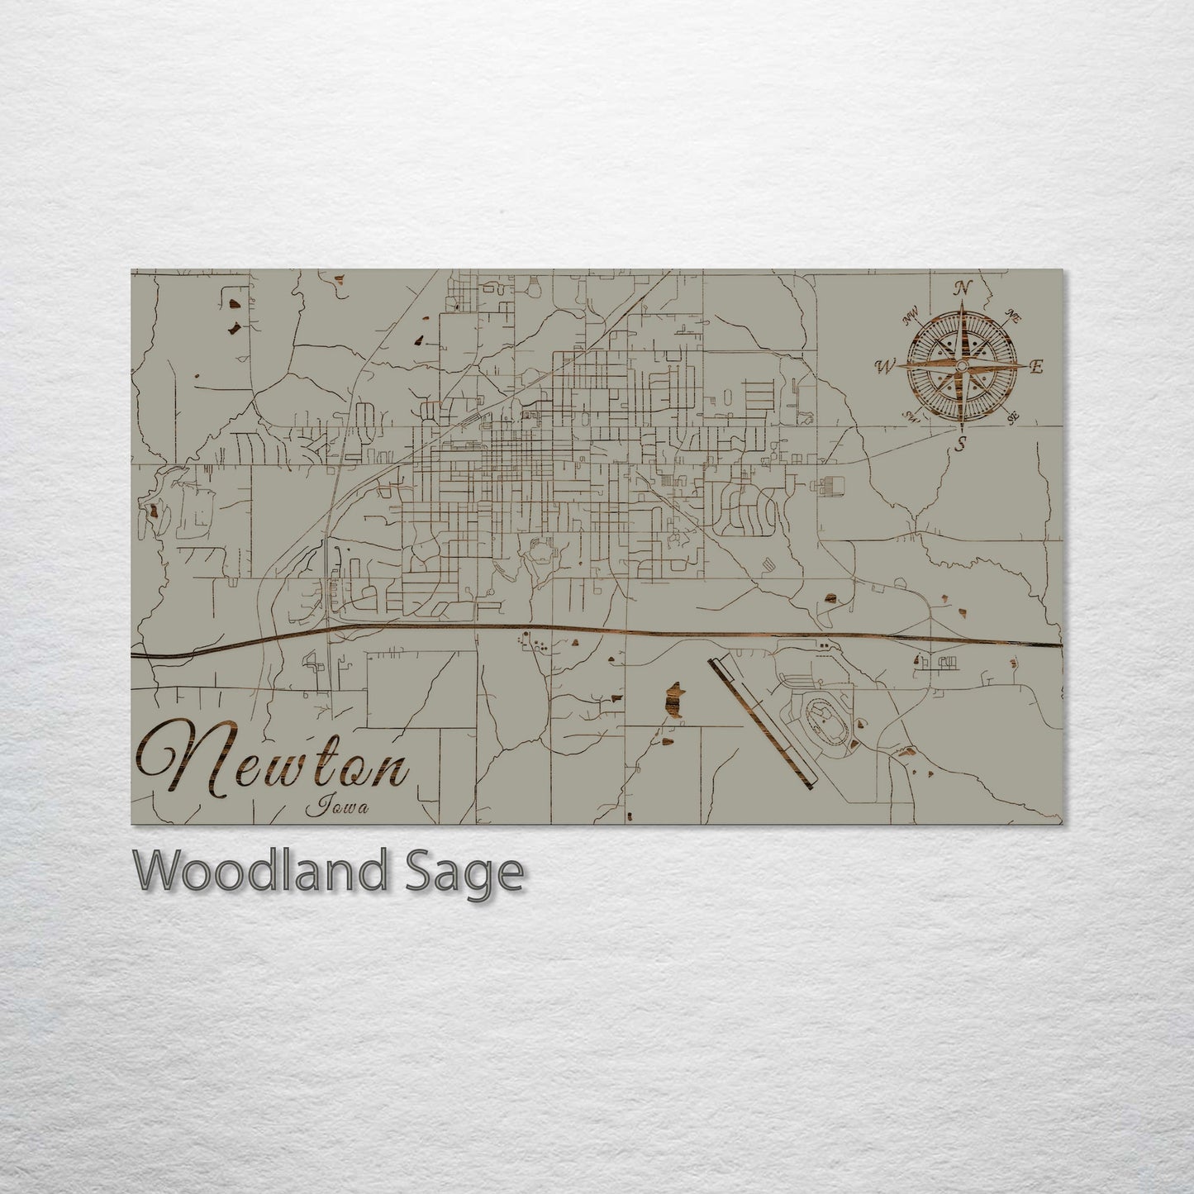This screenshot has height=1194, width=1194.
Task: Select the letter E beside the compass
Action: point(1038,367)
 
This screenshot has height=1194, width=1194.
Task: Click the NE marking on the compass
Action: point(1014,315)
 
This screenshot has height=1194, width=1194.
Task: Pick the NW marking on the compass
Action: point(911,316)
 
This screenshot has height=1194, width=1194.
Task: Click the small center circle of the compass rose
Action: point(962,366)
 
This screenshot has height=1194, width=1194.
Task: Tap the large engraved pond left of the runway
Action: point(674,701)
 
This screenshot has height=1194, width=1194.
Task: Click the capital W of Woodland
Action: point(158,869)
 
